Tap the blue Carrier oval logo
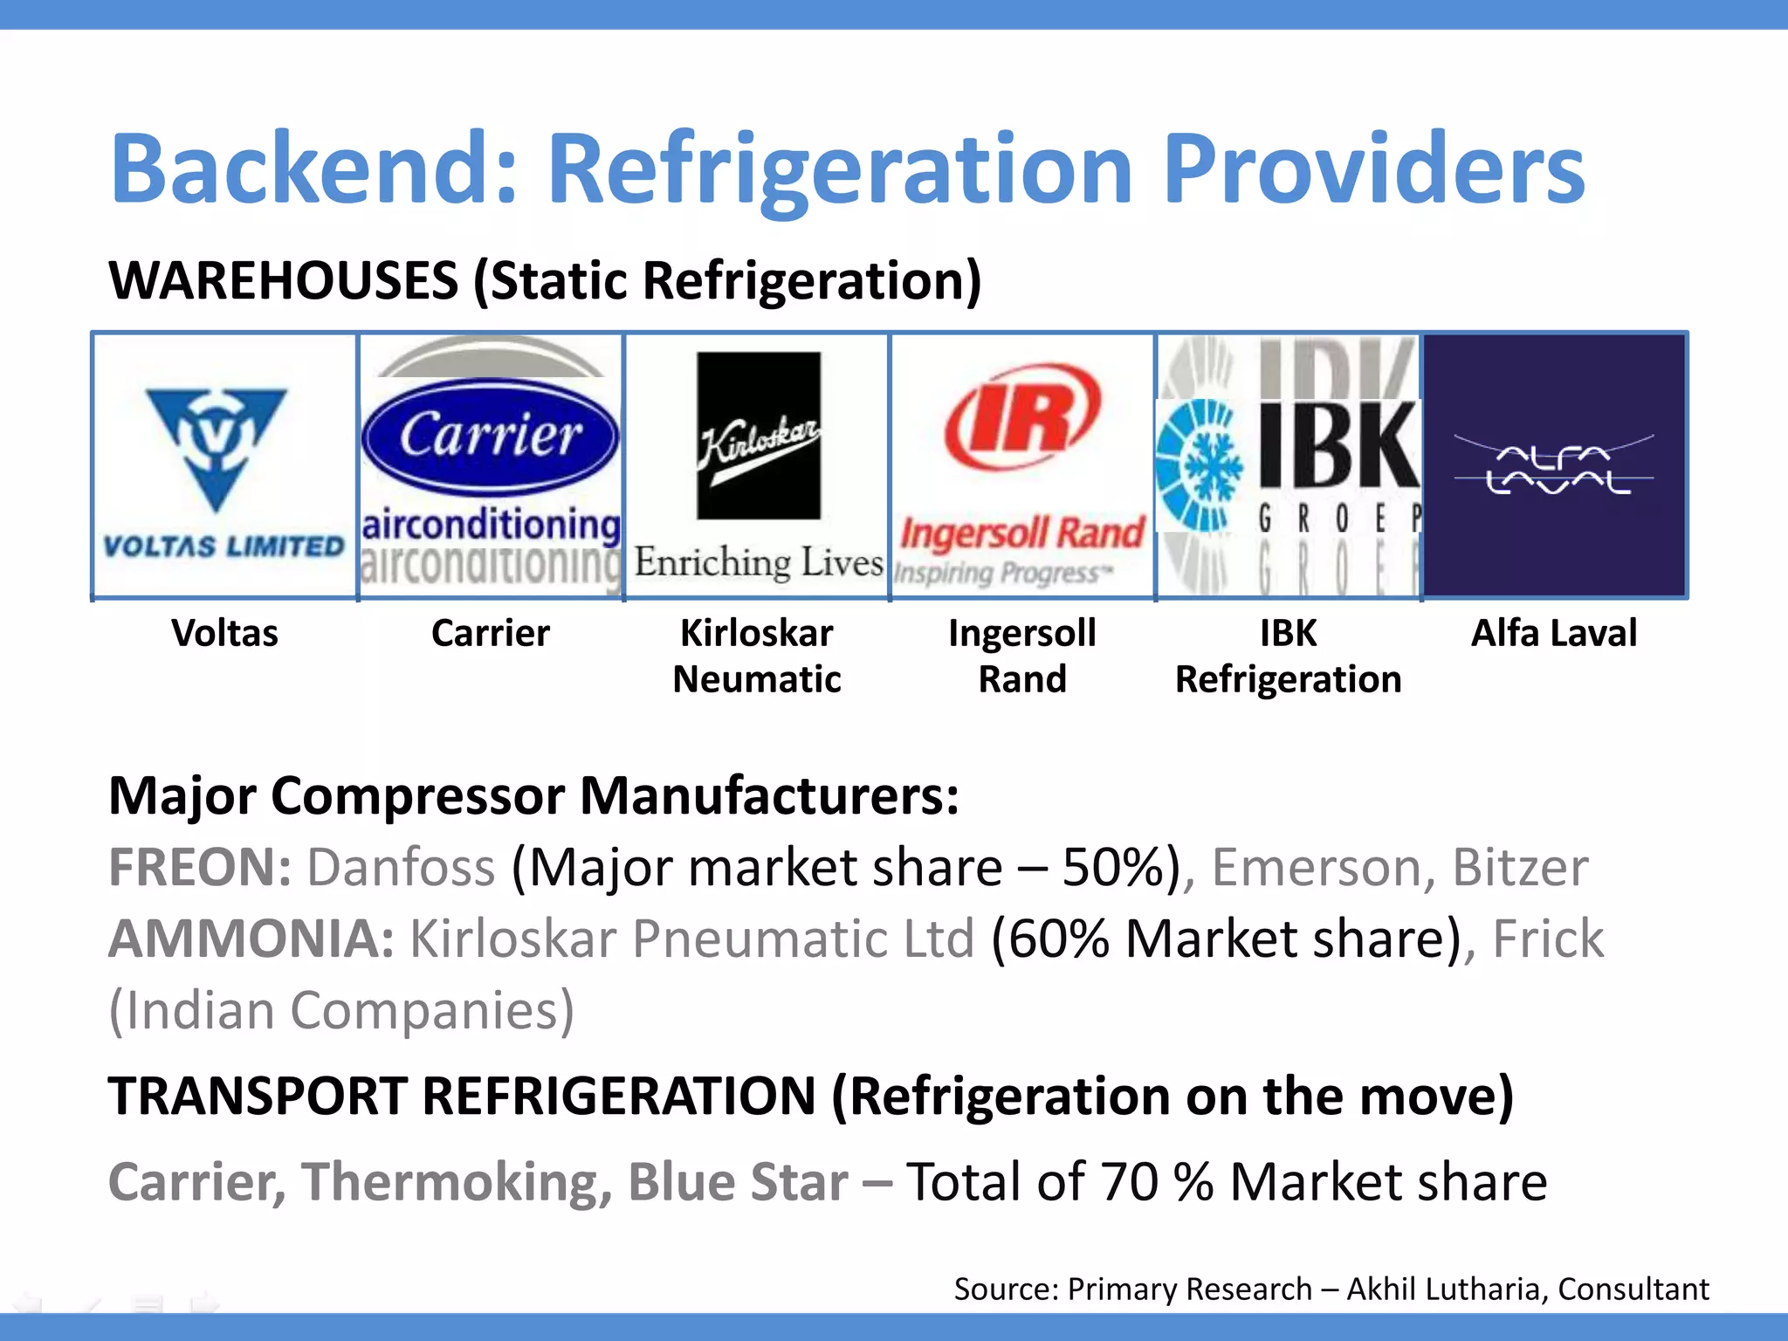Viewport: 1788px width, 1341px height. pyautogui.click(x=490, y=437)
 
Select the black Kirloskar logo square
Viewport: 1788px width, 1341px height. pyautogui.click(x=758, y=436)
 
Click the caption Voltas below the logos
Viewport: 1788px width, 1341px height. pyautogui.click(x=224, y=633)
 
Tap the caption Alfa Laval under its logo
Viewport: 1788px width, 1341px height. pyautogui.click(x=1554, y=633)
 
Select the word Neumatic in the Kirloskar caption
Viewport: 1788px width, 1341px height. pyautogui.click(x=756, y=679)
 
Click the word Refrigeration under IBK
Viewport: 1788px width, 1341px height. pyautogui.click(x=1288, y=679)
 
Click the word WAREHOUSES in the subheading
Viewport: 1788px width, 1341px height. pyautogui.click(x=283, y=281)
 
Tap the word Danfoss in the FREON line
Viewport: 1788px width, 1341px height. pyautogui.click(x=401, y=868)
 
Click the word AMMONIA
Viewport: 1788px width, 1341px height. pyautogui.click(x=251, y=939)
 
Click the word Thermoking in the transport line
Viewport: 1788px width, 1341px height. pyautogui.click(x=457, y=1182)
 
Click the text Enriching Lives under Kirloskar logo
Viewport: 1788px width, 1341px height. pyautogui.click(x=758, y=562)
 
